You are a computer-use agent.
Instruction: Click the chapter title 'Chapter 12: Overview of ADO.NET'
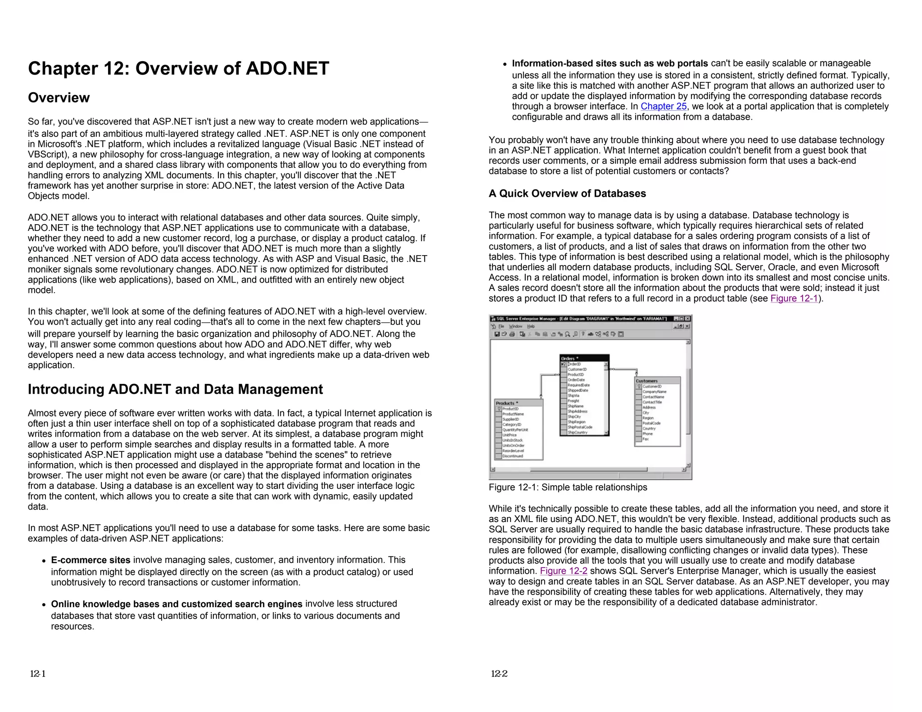tap(178, 68)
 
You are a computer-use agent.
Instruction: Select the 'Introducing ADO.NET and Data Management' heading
tap(175, 389)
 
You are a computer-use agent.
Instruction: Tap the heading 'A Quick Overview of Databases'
tap(567, 194)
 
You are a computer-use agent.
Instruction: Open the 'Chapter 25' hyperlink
tap(663, 107)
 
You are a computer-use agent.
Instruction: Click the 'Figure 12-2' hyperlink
tap(563, 571)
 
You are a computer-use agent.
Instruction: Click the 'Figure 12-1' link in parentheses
tap(794, 298)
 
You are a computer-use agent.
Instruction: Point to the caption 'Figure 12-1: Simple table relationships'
tap(568, 487)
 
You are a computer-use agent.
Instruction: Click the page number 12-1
tap(38, 674)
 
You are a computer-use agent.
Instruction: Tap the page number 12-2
tap(499, 674)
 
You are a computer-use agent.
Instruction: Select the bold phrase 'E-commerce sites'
tap(90, 560)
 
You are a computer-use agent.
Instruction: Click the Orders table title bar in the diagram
tap(584, 358)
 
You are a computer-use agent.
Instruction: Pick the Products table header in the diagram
tap(518, 403)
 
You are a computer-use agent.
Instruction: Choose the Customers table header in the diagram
tap(657, 381)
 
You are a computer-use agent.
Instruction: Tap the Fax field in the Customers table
tap(646, 439)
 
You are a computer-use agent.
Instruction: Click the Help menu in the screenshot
tap(531, 326)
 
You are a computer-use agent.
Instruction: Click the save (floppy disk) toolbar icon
tap(497, 334)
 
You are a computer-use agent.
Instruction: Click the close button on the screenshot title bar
tap(687, 319)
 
